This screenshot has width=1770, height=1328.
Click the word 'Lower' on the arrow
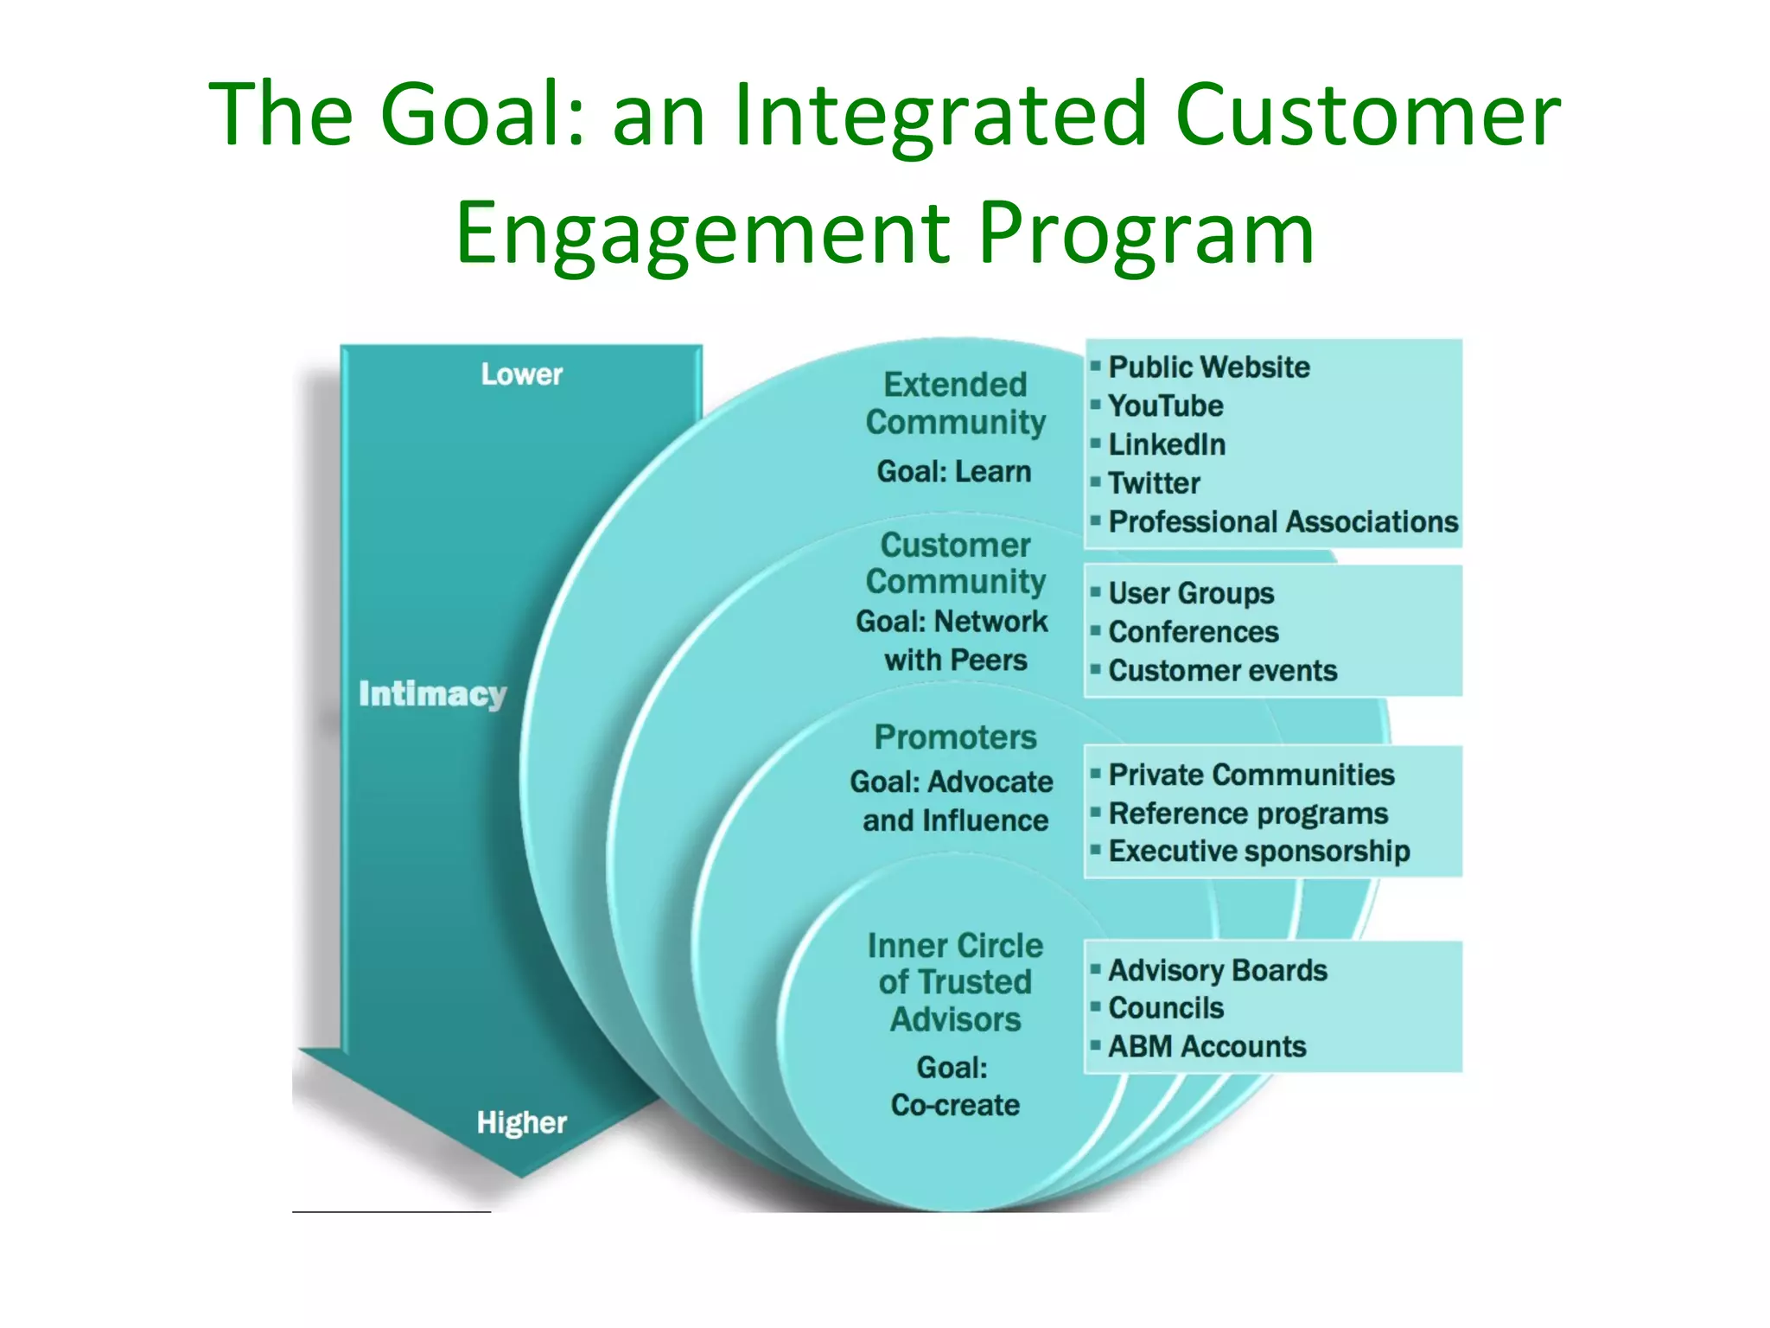pos(521,374)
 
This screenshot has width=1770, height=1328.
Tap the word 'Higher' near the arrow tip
pos(521,1122)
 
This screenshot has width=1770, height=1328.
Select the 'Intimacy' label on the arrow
pos(432,693)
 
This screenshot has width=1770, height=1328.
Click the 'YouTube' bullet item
pos(1165,405)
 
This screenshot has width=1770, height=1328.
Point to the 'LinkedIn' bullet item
pos(1167,444)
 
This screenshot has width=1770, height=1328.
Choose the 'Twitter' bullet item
pos(1154,482)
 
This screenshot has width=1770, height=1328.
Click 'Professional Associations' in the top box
pos(1283,521)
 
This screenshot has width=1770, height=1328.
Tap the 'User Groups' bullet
pos(1191,593)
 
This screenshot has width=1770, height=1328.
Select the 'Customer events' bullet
pos(1222,670)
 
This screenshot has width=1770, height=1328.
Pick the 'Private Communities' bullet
pos(1251,775)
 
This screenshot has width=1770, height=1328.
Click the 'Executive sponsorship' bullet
pos(1258,851)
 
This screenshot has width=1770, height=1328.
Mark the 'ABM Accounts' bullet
pos(1207,1046)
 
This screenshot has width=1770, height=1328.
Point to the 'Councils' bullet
pos(1166,1008)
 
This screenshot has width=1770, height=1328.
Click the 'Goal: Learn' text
pos(954,471)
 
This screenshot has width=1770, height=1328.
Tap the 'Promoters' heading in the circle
pos(955,737)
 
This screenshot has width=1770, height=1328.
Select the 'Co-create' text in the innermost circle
pos(955,1105)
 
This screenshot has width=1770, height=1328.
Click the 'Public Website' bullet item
pos(1208,367)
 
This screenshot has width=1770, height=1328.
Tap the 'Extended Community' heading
pos(955,403)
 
